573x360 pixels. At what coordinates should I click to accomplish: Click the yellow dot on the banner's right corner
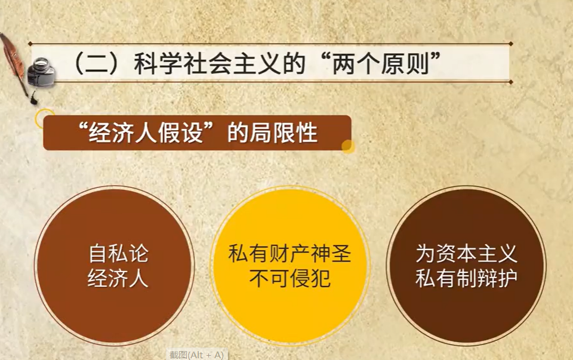coord(348,146)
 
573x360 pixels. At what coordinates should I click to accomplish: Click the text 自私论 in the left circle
coord(118,254)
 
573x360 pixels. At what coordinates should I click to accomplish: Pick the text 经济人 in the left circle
coord(118,278)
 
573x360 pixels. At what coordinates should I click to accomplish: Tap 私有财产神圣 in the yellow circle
coord(290,254)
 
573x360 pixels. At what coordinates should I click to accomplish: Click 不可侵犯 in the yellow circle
coord(290,278)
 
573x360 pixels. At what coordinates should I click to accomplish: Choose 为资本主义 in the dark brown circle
coord(466,254)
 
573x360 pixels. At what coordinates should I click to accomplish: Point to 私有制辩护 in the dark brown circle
coord(466,278)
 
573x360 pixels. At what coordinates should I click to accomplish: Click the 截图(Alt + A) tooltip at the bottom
coord(197,355)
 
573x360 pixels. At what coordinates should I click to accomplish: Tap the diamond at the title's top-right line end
coord(510,44)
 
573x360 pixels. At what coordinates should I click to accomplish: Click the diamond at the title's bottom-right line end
coord(510,82)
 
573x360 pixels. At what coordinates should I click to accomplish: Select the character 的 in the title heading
coord(294,64)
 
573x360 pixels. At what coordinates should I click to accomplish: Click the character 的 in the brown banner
coord(238,133)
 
